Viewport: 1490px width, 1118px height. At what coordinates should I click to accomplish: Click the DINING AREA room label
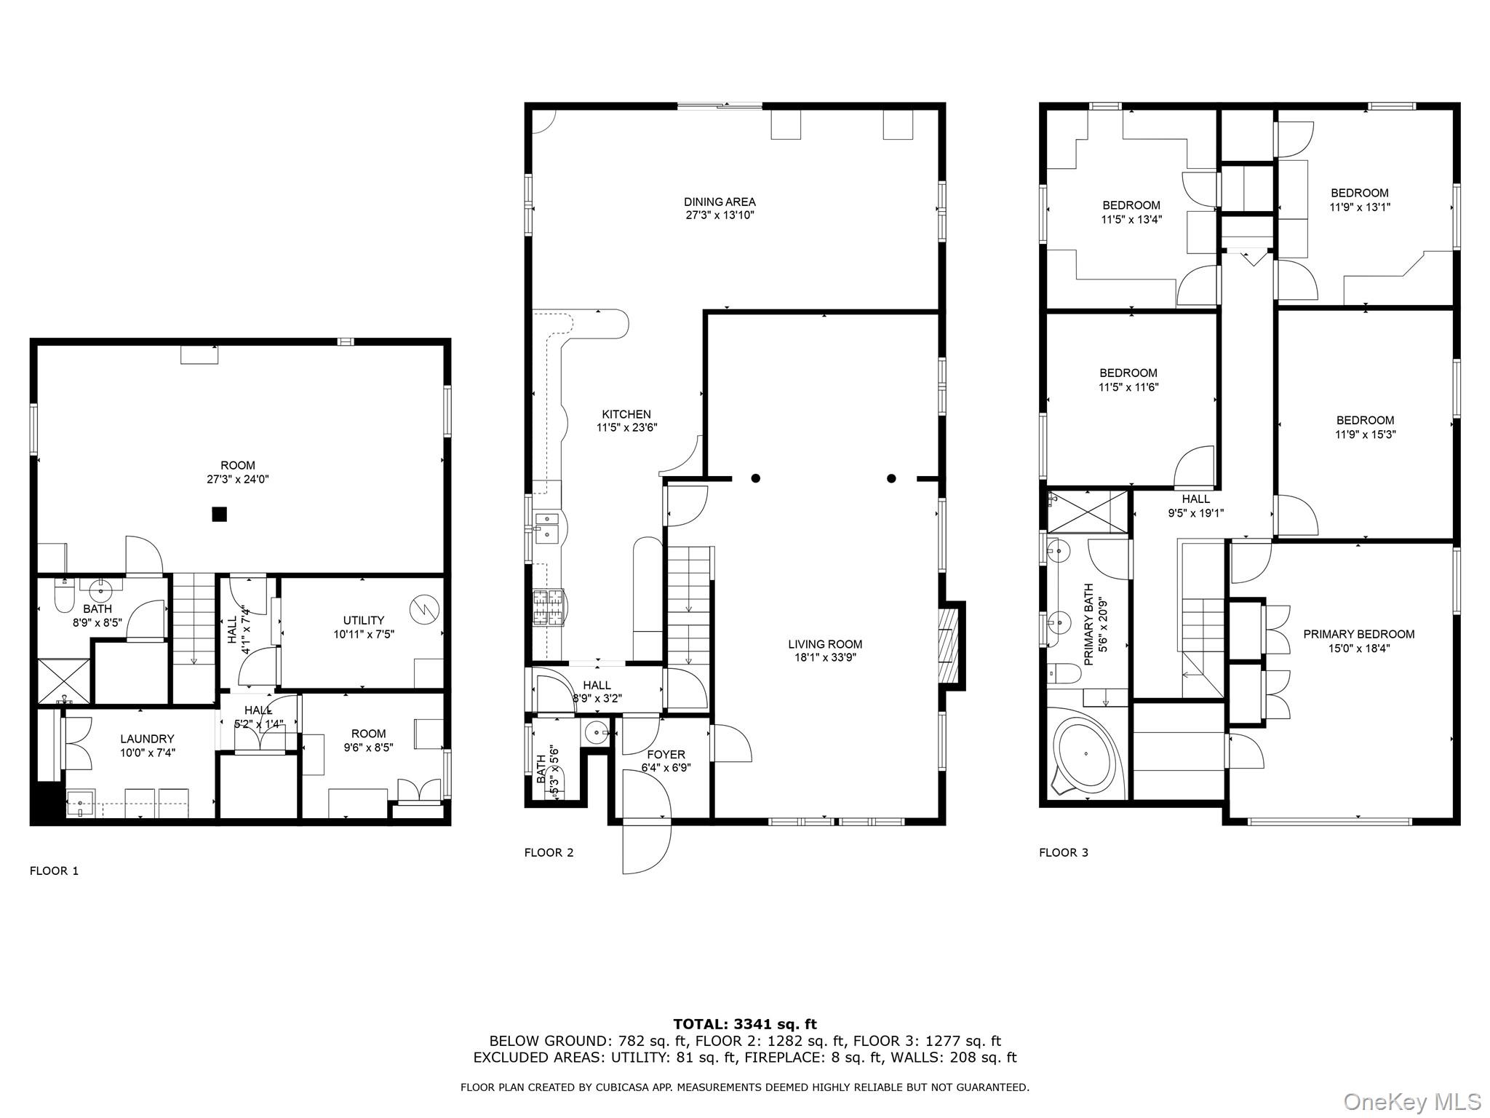tap(720, 202)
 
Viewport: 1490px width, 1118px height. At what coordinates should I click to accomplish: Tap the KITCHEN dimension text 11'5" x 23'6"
tap(626, 428)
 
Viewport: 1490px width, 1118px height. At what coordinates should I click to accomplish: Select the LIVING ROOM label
tap(825, 644)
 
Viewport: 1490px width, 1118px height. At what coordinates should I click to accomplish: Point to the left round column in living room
tap(756, 478)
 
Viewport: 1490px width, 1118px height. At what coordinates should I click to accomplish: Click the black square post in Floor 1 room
tap(219, 515)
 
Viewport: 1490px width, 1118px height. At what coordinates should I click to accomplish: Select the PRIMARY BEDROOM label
tap(1358, 635)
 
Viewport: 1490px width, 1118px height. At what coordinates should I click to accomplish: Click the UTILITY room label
tap(364, 620)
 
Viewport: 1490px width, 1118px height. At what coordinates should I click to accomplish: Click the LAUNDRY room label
tap(148, 739)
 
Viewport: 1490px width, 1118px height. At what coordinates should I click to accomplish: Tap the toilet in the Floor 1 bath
tap(64, 599)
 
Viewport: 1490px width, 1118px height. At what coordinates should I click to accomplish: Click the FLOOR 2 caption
tap(549, 852)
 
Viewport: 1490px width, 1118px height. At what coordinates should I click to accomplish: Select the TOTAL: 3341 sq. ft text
tap(744, 1025)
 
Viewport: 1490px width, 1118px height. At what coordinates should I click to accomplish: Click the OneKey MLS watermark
tap(1411, 1101)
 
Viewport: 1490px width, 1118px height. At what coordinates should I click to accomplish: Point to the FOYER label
tap(666, 755)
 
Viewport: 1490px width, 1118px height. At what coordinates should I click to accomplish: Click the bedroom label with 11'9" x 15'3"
tap(1365, 420)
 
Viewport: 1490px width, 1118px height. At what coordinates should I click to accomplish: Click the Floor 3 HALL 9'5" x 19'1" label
tap(1195, 499)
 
